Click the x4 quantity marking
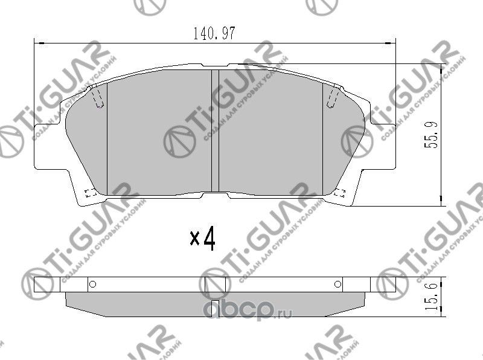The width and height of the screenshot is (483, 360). [203, 240]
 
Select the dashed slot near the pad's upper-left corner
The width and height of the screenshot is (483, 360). [97, 97]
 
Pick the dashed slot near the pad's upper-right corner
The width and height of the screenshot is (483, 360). [333, 97]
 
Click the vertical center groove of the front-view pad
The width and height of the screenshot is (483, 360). [215, 133]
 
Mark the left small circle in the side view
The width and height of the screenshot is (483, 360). [92, 284]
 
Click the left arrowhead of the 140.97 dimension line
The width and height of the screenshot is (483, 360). [37, 42]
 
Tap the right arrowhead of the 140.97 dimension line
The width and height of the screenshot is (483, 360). [391, 42]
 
